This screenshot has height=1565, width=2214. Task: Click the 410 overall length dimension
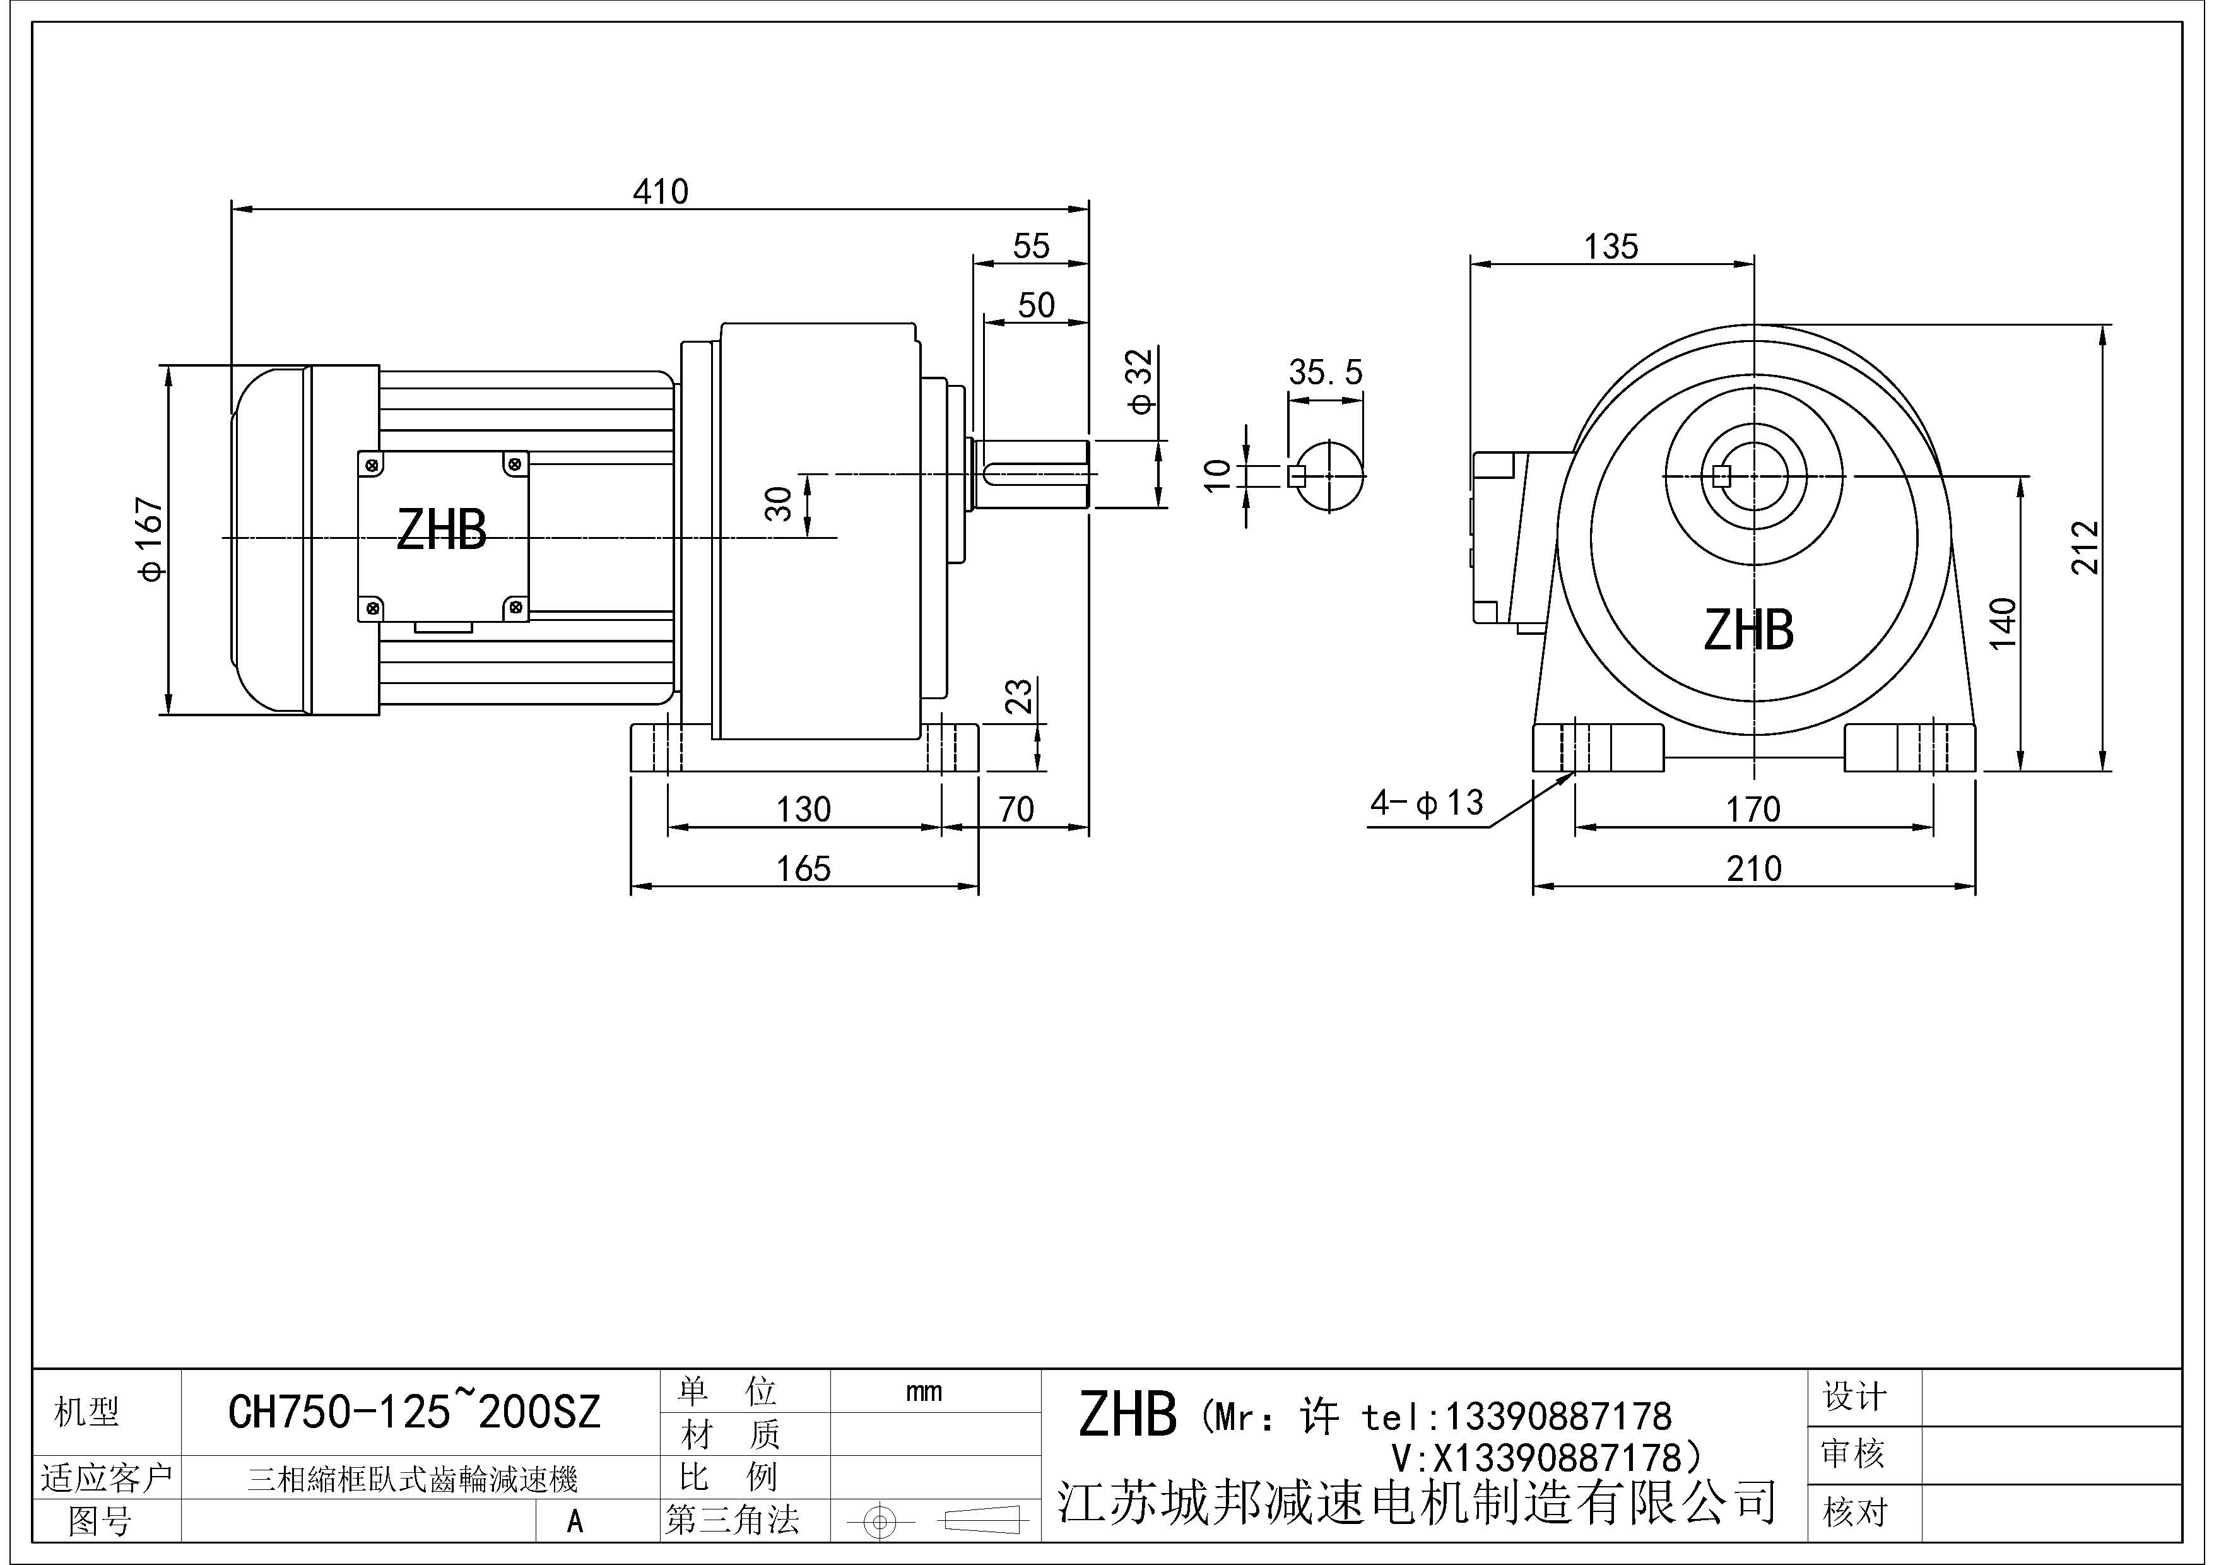661,192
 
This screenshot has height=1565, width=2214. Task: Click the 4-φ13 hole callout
1427,802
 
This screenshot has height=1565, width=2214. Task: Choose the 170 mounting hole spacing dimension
1753,809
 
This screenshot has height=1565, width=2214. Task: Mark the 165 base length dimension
803,869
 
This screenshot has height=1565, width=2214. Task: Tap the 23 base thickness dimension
1019,696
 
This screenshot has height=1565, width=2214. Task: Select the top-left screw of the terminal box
372,466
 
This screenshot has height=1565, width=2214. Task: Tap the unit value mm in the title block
924,1391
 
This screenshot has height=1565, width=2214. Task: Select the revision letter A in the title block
575,1521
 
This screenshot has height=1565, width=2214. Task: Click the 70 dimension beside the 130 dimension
1016,809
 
